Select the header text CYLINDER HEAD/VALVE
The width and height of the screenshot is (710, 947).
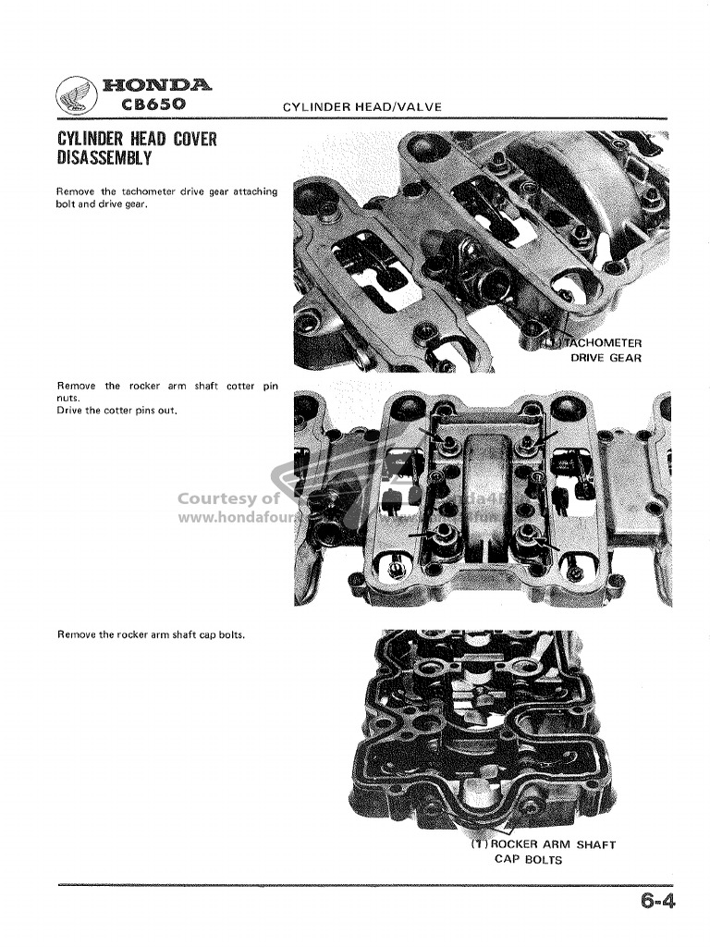361,107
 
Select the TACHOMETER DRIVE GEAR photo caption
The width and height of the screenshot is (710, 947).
602,350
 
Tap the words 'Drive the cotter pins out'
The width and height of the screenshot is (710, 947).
116,410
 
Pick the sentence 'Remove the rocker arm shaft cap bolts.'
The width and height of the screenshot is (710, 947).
151,634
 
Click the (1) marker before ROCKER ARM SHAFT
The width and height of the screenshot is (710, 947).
479,844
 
